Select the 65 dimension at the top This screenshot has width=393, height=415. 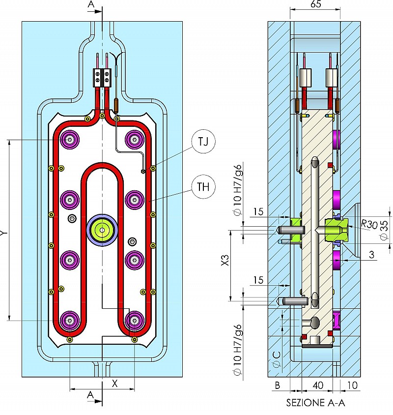click(x=316, y=5)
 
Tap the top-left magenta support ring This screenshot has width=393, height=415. click(x=70, y=140)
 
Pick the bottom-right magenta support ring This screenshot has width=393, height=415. click(x=133, y=321)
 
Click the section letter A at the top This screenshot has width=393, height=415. click(x=90, y=4)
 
